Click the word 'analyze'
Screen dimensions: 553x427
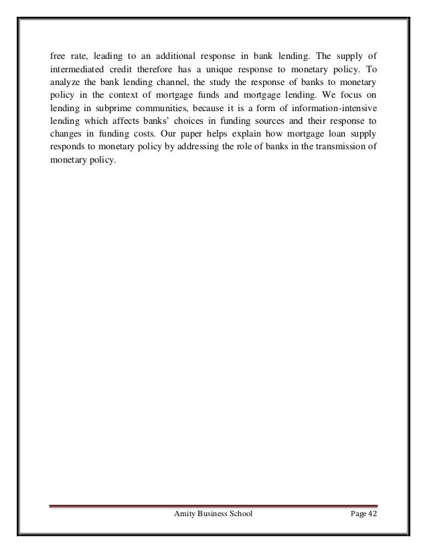click(65, 84)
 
